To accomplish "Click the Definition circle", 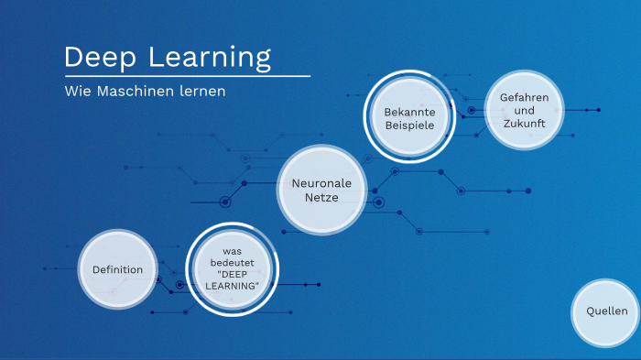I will click(117, 269).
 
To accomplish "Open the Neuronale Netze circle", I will click(321, 191).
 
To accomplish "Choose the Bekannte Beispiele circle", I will click(409, 118).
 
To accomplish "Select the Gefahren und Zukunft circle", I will click(524, 110).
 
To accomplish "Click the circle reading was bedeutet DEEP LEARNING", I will click(232, 269).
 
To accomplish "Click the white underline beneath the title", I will click(187, 76).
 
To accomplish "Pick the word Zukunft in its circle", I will click(524, 123).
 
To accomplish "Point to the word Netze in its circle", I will click(321, 197).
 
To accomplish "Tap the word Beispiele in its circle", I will click(409, 125).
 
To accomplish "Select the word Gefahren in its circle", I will click(524, 96).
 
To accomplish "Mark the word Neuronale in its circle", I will click(321, 183).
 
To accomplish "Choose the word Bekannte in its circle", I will click(409, 112).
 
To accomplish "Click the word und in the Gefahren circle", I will click(524, 110).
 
